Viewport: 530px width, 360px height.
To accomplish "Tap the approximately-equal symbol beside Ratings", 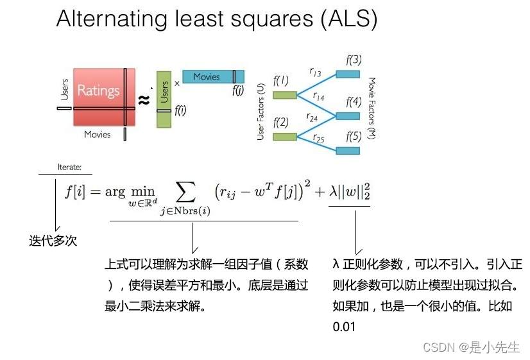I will coord(144,99).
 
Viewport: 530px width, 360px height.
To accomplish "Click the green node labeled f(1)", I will coord(284,95).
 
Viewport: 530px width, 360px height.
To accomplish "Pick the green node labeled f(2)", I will coord(284,136).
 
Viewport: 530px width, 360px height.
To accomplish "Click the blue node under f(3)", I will coord(348,74).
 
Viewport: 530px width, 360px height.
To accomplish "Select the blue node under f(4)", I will coord(348,116).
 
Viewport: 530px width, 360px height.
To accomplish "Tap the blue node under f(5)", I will coord(348,150).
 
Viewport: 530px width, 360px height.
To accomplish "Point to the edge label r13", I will coord(316,74).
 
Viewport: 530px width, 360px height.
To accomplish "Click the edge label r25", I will coord(319,138).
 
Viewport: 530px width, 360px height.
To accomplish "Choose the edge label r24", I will coord(313,117).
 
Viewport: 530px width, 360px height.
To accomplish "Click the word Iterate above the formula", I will coord(69,167).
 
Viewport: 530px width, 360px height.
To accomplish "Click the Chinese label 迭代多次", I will coord(53,241).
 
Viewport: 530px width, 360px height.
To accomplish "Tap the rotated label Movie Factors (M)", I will coord(372,108).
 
